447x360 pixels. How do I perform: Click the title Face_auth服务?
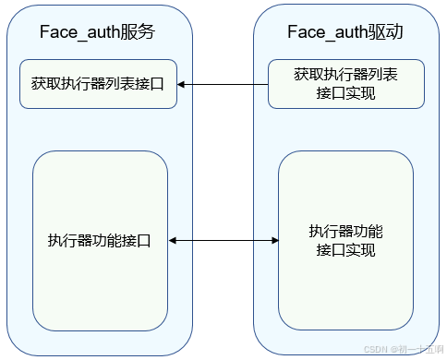click(x=97, y=32)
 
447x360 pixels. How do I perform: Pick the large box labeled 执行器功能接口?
click(x=99, y=241)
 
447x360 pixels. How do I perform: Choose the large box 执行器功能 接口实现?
click(x=345, y=241)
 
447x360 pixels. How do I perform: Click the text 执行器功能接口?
click(x=99, y=241)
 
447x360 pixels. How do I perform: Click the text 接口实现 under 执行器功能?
click(x=345, y=250)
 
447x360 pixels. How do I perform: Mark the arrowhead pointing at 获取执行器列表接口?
click(x=181, y=84)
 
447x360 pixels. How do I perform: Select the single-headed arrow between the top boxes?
click(x=223, y=84)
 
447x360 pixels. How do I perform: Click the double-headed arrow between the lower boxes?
click(x=223, y=241)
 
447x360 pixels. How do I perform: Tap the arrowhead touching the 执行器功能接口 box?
click(x=173, y=241)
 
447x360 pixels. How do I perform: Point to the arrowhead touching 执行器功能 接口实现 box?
click(x=274, y=241)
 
